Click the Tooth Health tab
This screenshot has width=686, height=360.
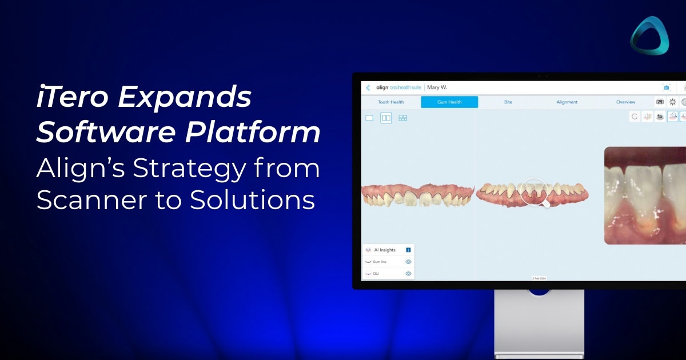[x=390, y=102]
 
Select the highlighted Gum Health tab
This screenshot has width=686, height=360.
[x=449, y=102]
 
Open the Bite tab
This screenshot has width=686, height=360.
[x=508, y=102]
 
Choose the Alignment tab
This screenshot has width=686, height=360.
[x=567, y=102]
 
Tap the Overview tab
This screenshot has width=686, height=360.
[x=625, y=102]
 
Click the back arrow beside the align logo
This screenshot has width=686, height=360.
[x=368, y=87]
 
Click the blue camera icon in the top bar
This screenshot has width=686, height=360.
[x=666, y=87]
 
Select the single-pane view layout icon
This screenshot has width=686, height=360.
[x=369, y=118]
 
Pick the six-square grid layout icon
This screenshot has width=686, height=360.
[x=402, y=118]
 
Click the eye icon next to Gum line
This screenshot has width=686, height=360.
[x=408, y=262]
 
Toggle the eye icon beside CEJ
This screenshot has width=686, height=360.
[x=408, y=274]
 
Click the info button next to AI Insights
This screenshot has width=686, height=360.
[x=408, y=250]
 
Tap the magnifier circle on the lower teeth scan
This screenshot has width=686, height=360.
[x=534, y=191]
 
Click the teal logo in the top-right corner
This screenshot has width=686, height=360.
[x=649, y=35]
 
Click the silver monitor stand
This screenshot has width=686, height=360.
[x=539, y=326]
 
